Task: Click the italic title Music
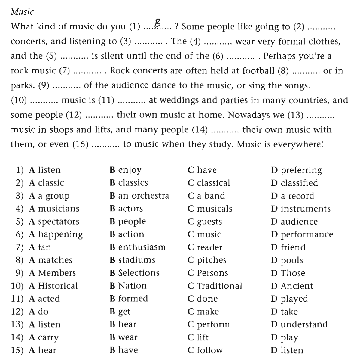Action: tap(22, 12)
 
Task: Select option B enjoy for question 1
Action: tap(125, 170)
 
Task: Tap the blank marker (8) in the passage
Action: tap(283, 71)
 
